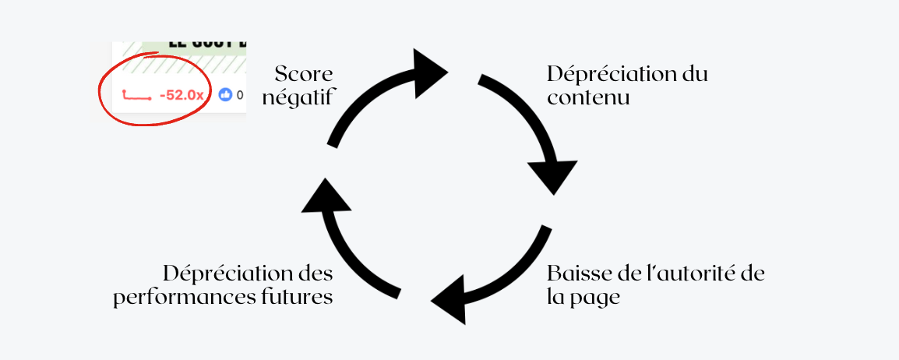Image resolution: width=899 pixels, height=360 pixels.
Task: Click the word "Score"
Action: coord(304,75)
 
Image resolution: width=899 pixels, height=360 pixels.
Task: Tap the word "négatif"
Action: coord(299,97)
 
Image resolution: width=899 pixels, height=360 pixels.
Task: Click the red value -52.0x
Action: coord(181,95)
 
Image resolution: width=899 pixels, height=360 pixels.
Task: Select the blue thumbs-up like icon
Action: coord(226,95)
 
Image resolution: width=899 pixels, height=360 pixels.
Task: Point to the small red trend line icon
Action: coord(136,96)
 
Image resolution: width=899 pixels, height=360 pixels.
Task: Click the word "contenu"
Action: coord(588,98)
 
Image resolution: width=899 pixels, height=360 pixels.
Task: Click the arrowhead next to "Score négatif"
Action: coord(426,72)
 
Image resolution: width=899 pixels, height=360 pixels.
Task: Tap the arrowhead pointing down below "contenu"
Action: coord(553,175)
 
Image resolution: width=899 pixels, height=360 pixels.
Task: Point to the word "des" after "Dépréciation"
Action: coord(316,274)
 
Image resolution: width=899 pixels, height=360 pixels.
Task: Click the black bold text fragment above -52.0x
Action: coord(195,48)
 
